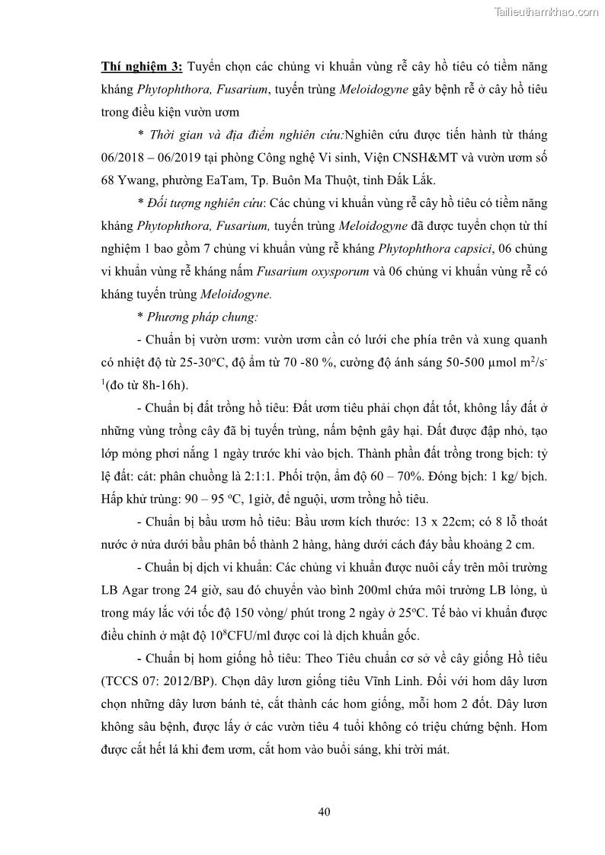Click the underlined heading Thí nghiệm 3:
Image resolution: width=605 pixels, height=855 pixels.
pos(142,66)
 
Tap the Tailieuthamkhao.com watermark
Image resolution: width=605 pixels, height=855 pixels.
pos(546,11)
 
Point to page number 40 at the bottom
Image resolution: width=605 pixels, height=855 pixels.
pos(324,812)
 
